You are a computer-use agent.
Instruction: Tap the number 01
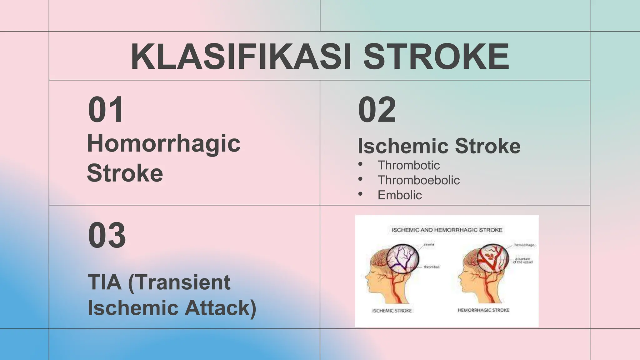[x=106, y=110]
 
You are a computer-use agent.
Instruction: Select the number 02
[x=377, y=110]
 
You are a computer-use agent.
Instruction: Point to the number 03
[x=107, y=235]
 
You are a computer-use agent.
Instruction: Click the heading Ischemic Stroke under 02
[x=439, y=146]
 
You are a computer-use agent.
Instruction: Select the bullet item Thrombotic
[x=408, y=165]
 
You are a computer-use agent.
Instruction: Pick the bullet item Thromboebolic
[x=418, y=180]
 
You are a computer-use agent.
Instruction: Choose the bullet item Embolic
[x=400, y=195]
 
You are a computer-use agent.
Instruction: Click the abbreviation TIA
[x=105, y=282]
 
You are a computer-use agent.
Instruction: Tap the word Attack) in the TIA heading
[x=220, y=308]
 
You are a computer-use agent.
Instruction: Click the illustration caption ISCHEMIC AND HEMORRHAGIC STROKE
[x=447, y=230]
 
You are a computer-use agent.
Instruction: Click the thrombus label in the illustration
[x=432, y=267]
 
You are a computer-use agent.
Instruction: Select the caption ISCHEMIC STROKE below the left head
[x=392, y=310]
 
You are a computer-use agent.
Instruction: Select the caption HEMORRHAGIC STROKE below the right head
[x=483, y=310]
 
